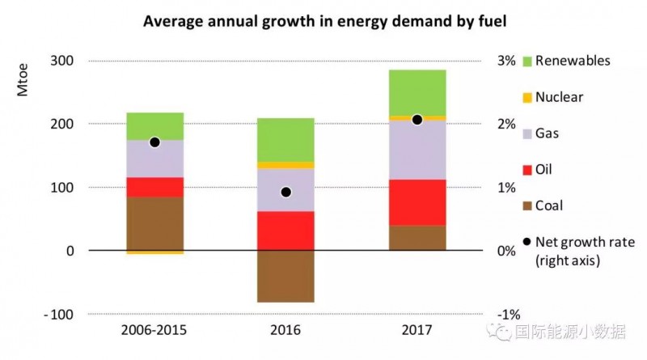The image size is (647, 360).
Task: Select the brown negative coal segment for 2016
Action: coord(285,276)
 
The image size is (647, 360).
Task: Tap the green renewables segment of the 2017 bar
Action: coord(417,92)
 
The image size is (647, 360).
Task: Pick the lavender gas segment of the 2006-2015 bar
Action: coord(154,159)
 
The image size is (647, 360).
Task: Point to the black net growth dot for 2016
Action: coord(285,193)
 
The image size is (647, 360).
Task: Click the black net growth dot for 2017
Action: coord(417,120)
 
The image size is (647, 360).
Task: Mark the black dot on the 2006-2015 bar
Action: coord(154,142)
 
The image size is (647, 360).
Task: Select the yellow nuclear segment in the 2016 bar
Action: coord(285,165)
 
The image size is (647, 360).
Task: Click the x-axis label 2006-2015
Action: coord(154,330)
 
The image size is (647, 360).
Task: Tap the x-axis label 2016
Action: coord(285,330)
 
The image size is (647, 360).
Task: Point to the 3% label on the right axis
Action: coord(505,61)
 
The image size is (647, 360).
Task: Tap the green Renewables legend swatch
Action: coord(527,61)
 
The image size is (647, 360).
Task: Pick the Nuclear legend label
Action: coord(559,97)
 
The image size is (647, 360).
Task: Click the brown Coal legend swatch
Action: coord(527,205)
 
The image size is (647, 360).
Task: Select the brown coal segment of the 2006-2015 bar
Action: coord(154,223)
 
